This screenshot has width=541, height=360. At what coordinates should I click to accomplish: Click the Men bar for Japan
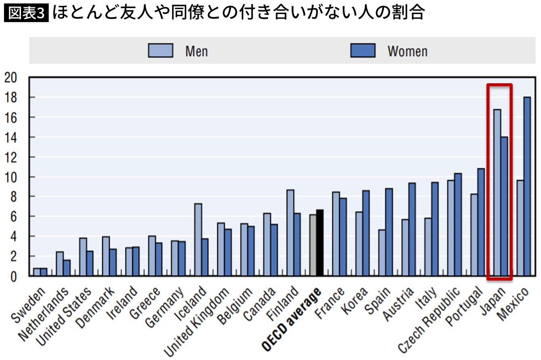(x=497, y=193)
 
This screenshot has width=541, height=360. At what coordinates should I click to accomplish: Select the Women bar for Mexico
(x=527, y=186)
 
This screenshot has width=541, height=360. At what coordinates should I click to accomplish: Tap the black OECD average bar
(x=320, y=243)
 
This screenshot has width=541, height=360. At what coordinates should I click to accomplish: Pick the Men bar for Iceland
(x=198, y=240)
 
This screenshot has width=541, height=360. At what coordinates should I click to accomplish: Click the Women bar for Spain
(x=389, y=232)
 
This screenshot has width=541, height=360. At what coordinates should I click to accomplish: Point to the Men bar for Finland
(x=290, y=233)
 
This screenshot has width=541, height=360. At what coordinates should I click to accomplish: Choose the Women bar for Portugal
(x=481, y=222)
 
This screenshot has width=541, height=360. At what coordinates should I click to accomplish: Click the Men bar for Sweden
(x=37, y=272)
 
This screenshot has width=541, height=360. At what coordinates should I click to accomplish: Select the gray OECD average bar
(x=313, y=245)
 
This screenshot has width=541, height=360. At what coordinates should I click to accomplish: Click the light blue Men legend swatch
(x=161, y=51)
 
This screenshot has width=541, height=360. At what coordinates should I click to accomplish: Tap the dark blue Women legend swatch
(x=363, y=51)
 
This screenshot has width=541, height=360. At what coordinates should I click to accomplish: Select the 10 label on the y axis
(x=10, y=177)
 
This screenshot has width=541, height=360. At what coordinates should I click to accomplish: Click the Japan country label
(x=493, y=301)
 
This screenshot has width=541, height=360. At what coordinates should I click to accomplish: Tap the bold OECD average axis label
(x=292, y=319)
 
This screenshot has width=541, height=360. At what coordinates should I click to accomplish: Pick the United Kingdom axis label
(x=196, y=322)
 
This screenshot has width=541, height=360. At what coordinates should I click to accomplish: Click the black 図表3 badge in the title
(x=26, y=13)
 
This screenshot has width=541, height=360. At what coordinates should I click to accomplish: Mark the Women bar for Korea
(x=366, y=233)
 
